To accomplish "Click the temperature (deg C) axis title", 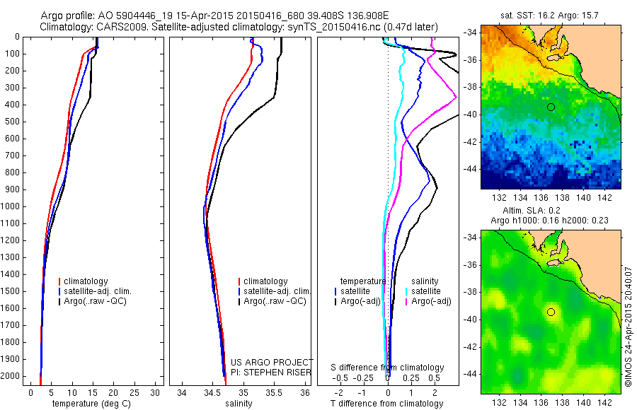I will click(x=88, y=404).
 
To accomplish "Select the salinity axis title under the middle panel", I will click(x=238, y=404).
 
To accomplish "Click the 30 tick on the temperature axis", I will click(x=155, y=392).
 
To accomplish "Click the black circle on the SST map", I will click(x=551, y=107).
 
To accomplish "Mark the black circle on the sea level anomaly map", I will click(x=551, y=312).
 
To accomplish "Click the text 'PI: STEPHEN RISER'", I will click(x=271, y=372).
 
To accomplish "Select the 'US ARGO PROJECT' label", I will click(x=272, y=363).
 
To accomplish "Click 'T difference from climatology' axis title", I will click(x=388, y=404).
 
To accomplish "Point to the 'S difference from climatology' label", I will click(x=388, y=368).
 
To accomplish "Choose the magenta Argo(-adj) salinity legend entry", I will click(x=432, y=301).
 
